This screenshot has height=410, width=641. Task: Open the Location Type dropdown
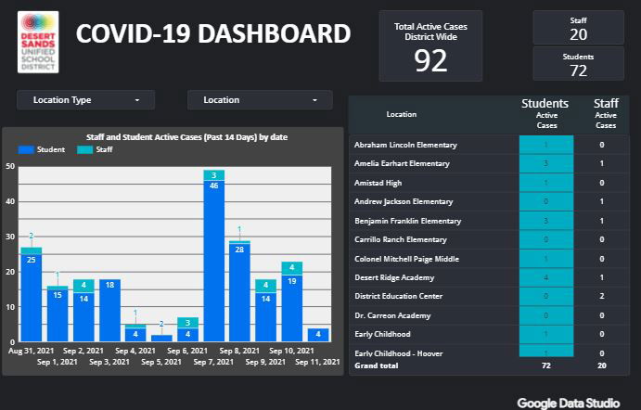85,100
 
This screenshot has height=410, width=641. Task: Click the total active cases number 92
430,60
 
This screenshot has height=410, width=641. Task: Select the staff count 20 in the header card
578,34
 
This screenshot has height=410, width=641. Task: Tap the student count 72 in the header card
578,70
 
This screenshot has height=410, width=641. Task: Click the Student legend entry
41,149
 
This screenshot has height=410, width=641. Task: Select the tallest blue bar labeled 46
214,260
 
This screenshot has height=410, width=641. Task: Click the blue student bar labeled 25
31,297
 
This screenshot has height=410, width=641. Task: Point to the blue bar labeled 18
109,310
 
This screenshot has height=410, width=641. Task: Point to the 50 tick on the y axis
10,167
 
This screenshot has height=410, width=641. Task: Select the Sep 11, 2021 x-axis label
317,362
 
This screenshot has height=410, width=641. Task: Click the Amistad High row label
378,183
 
